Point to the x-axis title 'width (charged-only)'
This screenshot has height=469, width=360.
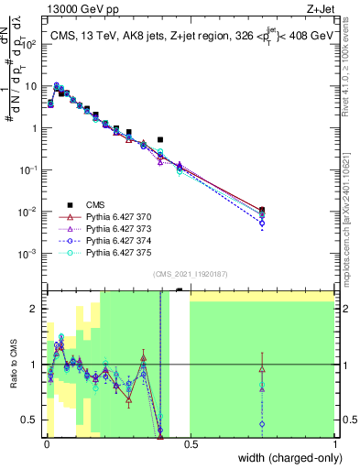pyautogui.click(x=288, y=458)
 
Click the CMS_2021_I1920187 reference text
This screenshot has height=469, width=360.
pyautogui.click(x=191, y=273)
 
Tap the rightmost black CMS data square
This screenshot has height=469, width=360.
pyautogui.click(x=262, y=210)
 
